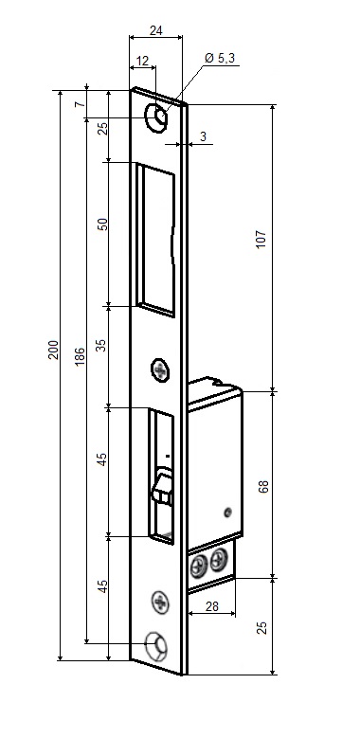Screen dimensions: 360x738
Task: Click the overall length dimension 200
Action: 54,350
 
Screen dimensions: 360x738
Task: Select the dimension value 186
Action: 80,357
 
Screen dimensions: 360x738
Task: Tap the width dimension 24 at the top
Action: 155,30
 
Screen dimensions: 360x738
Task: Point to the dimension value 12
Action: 142,61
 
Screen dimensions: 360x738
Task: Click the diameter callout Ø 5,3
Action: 220,58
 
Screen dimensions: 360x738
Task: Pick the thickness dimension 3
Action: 203,136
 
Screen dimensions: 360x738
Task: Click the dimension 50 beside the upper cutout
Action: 102,224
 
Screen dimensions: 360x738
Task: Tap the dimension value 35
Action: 102,346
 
